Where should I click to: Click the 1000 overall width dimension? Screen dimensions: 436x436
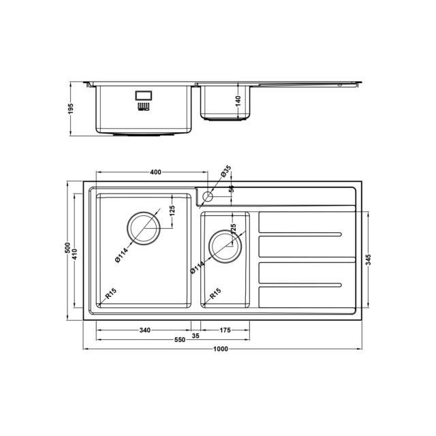[221, 349]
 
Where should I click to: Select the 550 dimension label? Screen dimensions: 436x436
[180, 340]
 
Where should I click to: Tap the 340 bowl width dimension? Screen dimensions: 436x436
[144, 330]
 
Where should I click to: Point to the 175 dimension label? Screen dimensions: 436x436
[225, 330]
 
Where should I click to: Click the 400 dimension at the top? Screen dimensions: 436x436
[155, 172]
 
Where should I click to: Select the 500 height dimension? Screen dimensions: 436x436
[67, 248]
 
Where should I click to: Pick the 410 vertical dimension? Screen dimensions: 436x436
[74, 254]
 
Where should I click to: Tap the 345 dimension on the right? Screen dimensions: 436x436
[369, 260]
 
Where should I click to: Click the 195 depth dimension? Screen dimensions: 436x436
[71, 108]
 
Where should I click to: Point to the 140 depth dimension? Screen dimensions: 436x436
[238, 102]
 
